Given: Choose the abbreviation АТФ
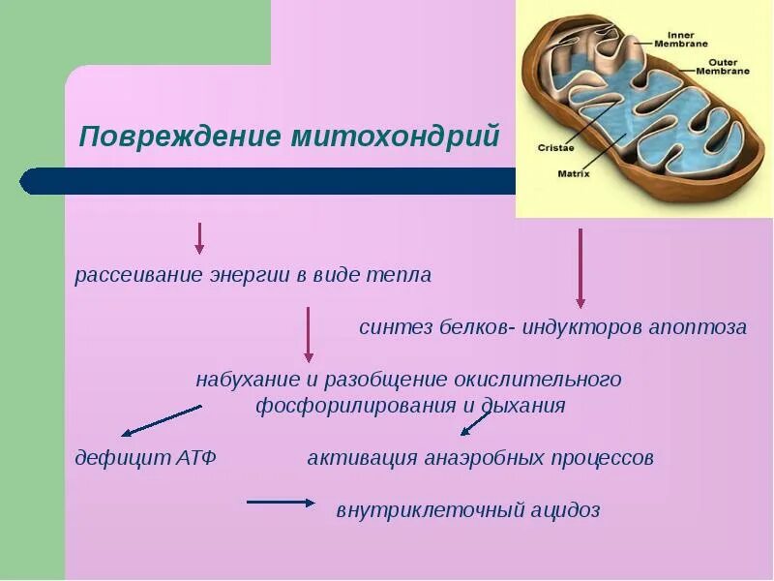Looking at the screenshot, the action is point(194,458).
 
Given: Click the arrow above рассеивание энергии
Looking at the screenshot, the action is point(199,238).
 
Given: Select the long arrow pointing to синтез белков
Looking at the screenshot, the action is point(580,268).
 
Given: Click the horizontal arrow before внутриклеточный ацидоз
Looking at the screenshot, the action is point(281,502).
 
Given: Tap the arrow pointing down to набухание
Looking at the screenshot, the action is point(309,335).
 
